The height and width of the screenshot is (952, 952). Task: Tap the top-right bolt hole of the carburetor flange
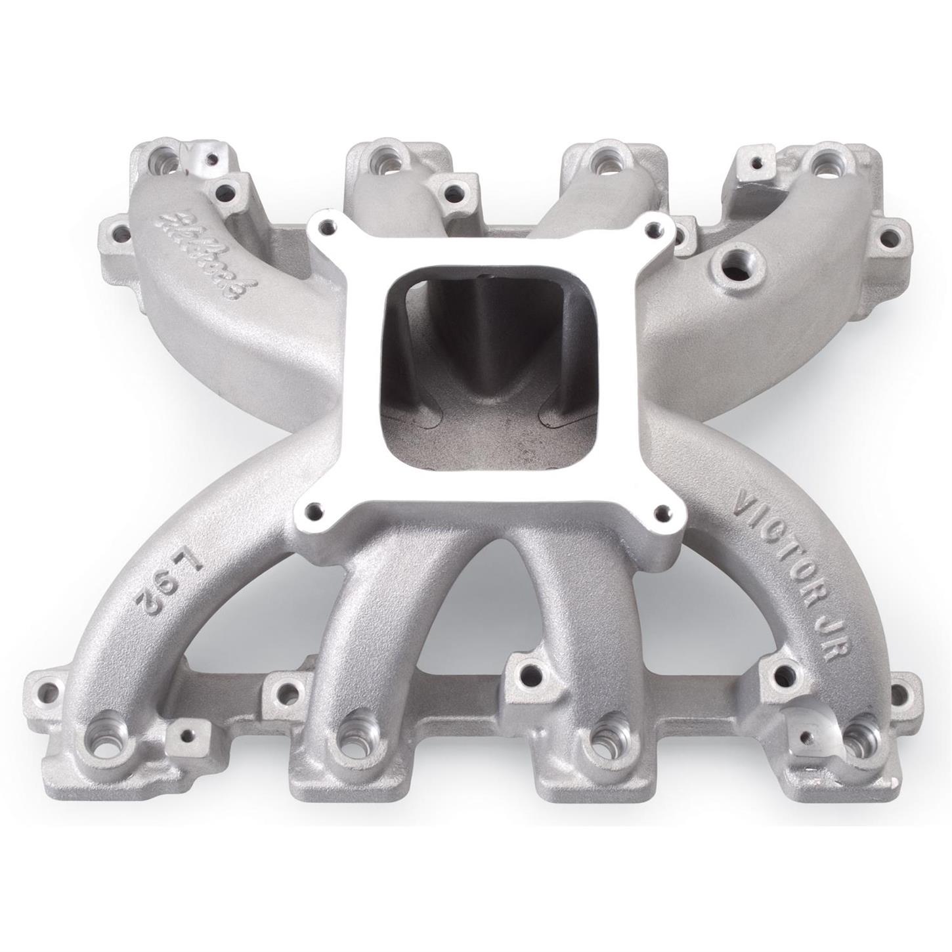pyautogui.click(x=651, y=228)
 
